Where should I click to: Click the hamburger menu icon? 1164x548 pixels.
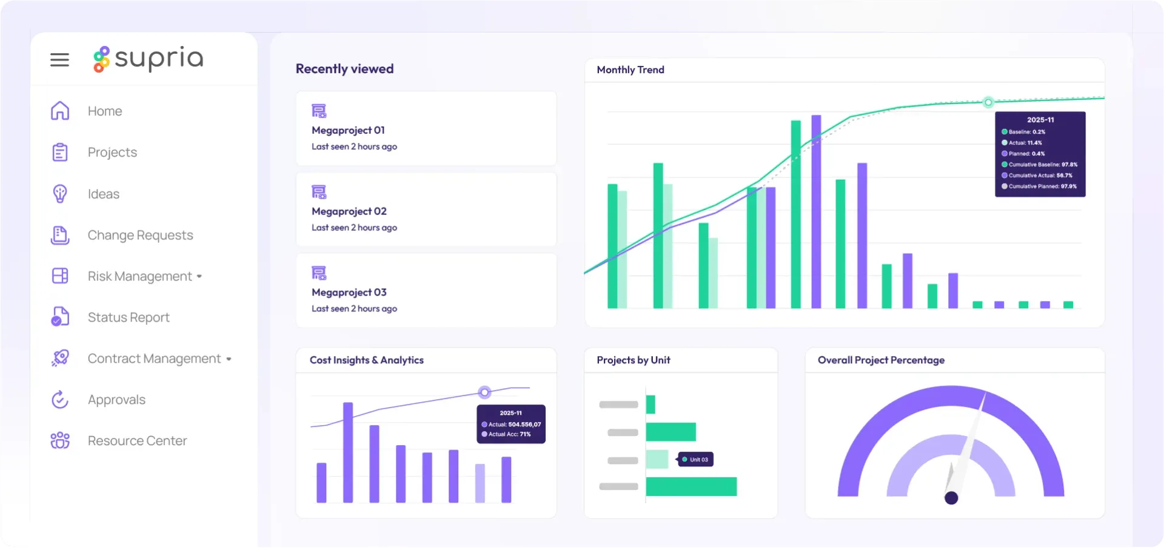point(59,59)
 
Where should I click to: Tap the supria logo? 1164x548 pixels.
point(149,59)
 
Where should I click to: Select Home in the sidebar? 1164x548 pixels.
point(104,111)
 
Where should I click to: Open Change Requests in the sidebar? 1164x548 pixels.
point(140,235)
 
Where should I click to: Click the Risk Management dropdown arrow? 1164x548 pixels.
point(199,277)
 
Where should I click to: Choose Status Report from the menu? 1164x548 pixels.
point(129,317)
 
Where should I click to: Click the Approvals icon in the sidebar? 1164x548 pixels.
point(60,400)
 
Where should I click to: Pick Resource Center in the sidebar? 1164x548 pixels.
point(137,441)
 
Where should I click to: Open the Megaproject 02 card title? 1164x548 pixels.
point(349,211)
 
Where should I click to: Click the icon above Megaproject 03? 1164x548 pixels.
point(319,273)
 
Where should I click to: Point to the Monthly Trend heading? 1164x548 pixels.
point(630,70)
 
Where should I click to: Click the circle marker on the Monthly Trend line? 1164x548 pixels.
point(988,102)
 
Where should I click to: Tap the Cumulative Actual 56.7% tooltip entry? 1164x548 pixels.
point(1040,176)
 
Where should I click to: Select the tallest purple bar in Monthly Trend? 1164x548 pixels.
point(816,211)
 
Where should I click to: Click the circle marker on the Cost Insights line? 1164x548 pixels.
point(484,392)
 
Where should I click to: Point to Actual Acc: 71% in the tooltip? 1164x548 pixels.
point(509,434)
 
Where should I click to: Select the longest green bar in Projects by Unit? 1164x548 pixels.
point(691,486)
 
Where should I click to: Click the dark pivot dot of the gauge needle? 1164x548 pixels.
point(951,498)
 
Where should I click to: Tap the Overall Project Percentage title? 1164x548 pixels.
point(881,360)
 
